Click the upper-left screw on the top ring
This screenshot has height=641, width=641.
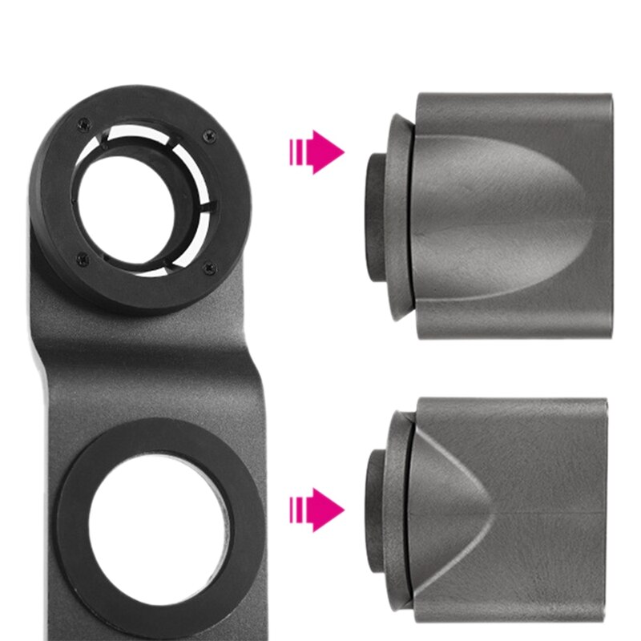click(81, 123)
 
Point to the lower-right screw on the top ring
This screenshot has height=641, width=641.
click(210, 268)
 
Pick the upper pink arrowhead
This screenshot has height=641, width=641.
click(329, 151)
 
